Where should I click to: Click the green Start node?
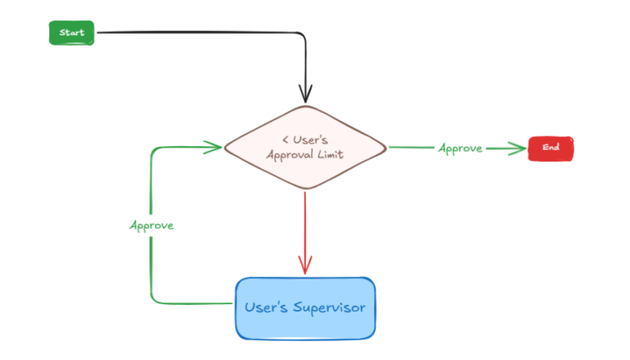(x=72, y=33)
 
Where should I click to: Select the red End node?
(x=550, y=148)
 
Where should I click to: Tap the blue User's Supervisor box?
(x=305, y=308)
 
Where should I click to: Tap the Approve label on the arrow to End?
(x=459, y=148)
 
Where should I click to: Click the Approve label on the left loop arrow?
(x=152, y=225)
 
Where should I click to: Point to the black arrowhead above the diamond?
(x=305, y=96)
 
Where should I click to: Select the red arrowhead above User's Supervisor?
(x=305, y=267)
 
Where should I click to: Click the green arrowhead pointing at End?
(x=518, y=148)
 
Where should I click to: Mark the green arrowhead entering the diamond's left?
(x=215, y=147)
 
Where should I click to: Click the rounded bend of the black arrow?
(x=300, y=35)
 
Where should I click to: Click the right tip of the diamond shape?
(x=384, y=148)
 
